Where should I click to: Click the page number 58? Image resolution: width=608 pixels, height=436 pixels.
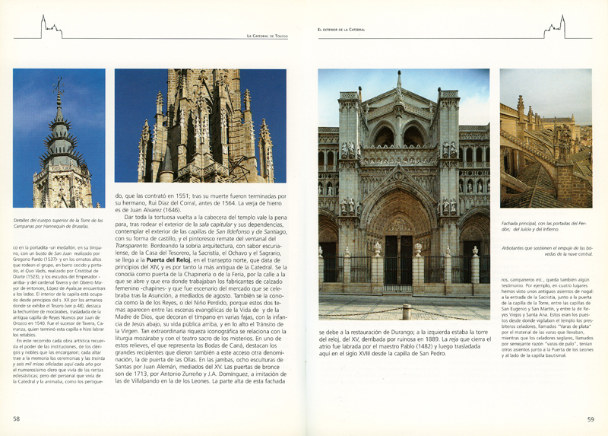pos(16,418)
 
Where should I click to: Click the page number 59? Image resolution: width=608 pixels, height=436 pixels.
pos(591,418)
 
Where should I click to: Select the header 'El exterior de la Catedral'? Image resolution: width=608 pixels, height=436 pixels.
pos(341,30)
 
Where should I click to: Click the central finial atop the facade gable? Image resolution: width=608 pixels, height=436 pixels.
pos(398,78)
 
